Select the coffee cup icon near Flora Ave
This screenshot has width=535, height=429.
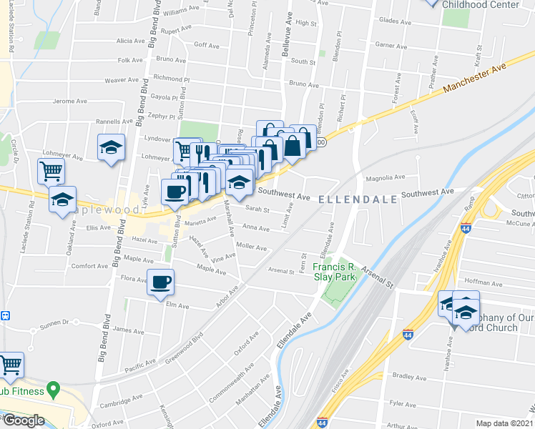pyautogui.click(x=160, y=282)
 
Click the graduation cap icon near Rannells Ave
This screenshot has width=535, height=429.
pyautogui.click(x=111, y=147)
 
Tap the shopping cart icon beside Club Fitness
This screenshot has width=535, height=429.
pyautogui.click(x=11, y=365)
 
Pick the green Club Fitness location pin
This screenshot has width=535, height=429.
pyautogui.click(x=51, y=390)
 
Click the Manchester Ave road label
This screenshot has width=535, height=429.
pyautogui.click(x=474, y=78)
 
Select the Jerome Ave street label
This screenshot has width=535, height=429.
pyautogui.click(x=69, y=101)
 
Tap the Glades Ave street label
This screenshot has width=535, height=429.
pyautogui.click(x=393, y=21)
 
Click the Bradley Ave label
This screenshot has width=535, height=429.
pyautogui.click(x=409, y=376)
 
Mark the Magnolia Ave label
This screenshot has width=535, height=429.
pyautogui.click(x=381, y=178)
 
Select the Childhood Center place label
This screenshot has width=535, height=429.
pyautogui.click(x=480, y=4)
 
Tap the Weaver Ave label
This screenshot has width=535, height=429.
pyautogui.click(x=121, y=81)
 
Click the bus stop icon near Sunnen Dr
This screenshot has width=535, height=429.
pyautogui.click(x=5, y=315)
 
